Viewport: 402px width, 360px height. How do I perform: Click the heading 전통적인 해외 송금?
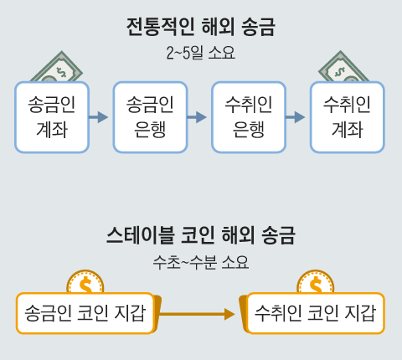tap(200, 27)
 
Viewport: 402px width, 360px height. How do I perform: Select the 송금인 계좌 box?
tap(52, 117)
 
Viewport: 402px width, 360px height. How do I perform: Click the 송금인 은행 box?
tap(150, 117)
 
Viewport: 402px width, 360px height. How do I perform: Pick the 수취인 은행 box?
tap(249, 117)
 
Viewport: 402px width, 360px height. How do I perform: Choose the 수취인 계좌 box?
tap(347, 117)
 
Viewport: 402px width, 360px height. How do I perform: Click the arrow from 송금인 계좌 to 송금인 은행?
tap(100, 117)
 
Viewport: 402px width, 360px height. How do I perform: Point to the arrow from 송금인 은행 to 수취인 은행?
tap(198, 117)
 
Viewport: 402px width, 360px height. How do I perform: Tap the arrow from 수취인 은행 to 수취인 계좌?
tap(296, 117)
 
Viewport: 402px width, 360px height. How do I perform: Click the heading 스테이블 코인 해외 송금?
tap(201, 234)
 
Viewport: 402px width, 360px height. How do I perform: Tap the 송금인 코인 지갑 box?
tap(85, 314)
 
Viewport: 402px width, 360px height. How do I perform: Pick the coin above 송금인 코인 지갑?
tap(85, 283)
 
